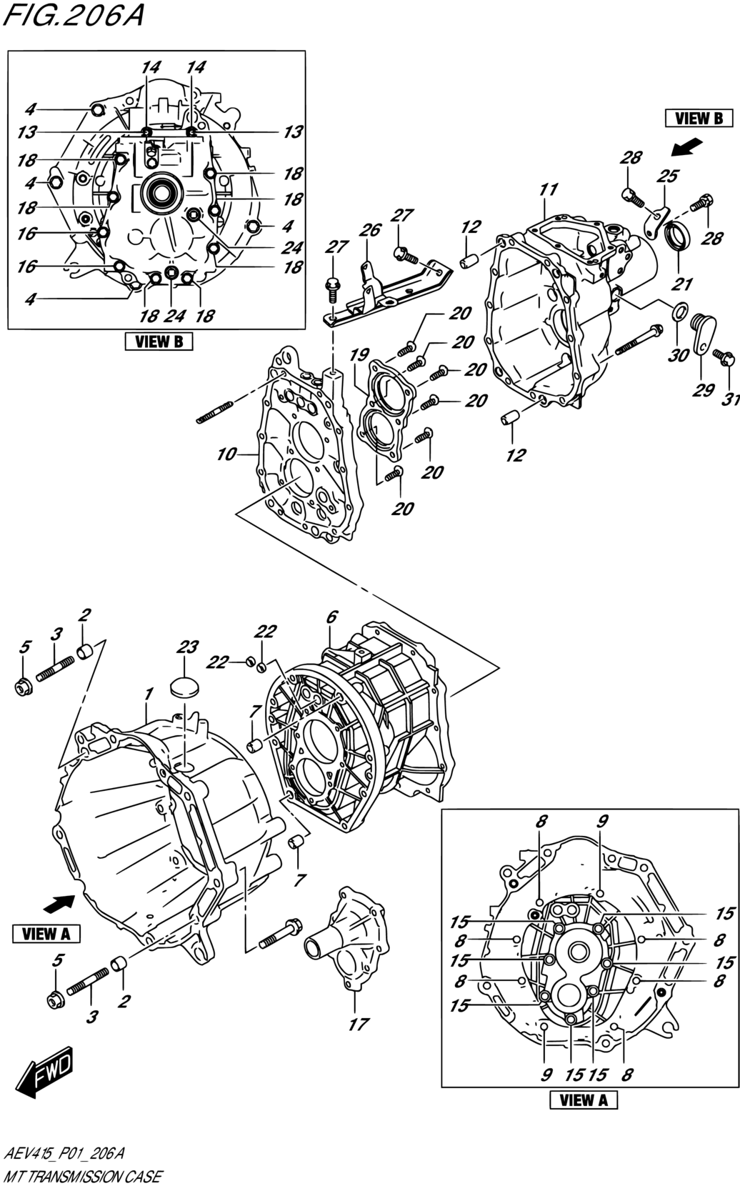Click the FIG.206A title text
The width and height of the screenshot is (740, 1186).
73,16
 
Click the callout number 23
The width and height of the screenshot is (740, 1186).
187,647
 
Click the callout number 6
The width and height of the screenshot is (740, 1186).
332,617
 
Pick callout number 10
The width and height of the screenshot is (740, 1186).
226,454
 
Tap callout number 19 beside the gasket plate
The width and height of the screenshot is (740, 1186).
359,355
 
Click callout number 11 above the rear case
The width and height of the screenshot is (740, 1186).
549,189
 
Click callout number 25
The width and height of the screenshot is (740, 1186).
667,176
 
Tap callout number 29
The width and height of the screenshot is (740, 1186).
704,390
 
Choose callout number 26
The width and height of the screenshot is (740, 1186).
370,230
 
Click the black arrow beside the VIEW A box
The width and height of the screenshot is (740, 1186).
59,904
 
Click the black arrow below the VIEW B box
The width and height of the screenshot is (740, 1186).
686,148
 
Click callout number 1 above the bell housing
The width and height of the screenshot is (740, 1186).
148,693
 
